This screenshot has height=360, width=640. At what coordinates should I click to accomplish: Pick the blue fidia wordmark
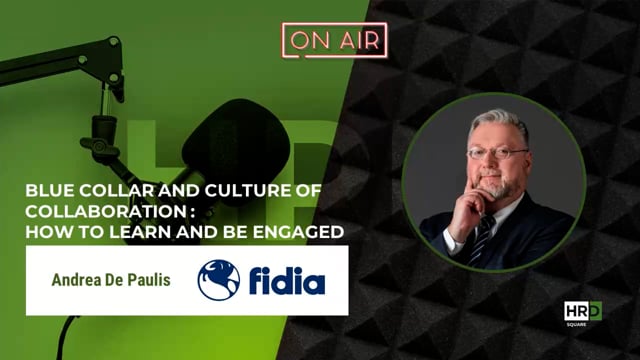pyautogui.click(x=286, y=281)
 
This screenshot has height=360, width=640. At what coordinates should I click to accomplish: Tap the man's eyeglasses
pyautogui.click(x=497, y=153)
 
